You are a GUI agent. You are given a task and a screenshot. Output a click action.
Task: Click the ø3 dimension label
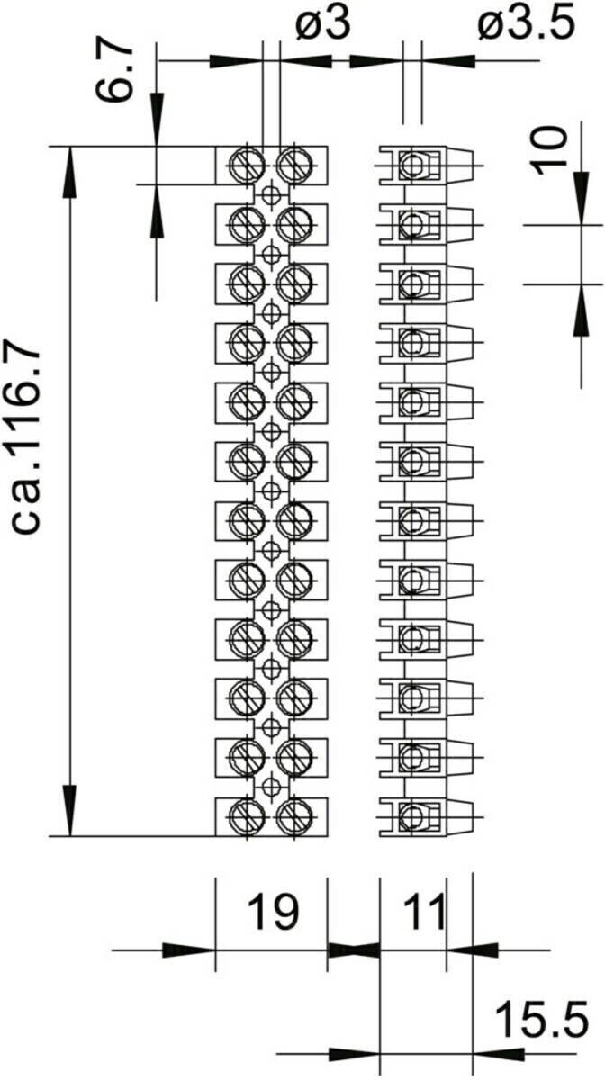[322, 24]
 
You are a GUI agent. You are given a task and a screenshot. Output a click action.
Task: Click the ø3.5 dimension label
[526, 24]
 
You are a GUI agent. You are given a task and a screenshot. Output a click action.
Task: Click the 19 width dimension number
[273, 913]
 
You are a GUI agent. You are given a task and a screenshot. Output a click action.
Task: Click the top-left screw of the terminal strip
[245, 165]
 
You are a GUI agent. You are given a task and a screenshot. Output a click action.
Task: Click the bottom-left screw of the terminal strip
[245, 816]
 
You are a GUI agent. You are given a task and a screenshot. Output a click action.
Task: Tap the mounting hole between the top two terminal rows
[270, 193]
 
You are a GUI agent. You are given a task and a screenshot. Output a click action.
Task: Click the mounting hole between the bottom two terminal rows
[270, 786]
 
